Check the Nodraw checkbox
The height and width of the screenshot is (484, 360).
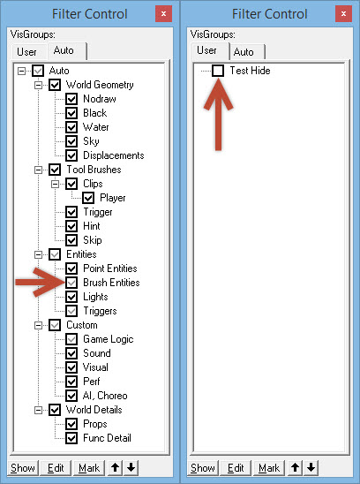click(x=71, y=99)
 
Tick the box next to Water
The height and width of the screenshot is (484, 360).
click(x=71, y=127)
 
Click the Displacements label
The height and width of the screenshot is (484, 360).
click(x=114, y=155)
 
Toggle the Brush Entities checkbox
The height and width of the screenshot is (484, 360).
click(x=71, y=283)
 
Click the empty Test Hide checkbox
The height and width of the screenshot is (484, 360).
click(x=218, y=71)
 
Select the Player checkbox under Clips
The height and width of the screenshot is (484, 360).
click(x=88, y=198)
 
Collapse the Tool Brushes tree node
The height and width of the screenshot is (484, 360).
click(x=38, y=170)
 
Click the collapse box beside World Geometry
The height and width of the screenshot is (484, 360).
click(x=38, y=85)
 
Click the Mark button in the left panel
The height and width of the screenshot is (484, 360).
click(x=89, y=468)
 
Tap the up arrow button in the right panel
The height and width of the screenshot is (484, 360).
click(x=296, y=467)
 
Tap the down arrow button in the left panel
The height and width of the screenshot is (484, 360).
click(x=131, y=467)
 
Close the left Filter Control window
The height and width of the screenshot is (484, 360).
click(x=163, y=13)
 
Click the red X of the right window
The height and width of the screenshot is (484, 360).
click(x=343, y=13)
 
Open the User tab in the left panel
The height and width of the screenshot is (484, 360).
click(x=26, y=52)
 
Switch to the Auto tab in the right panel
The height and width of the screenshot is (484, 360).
click(x=244, y=52)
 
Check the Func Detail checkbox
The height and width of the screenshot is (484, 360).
click(x=71, y=438)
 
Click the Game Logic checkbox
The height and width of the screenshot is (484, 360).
click(x=71, y=339)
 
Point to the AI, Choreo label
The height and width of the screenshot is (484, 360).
click(x=105, y=396)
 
